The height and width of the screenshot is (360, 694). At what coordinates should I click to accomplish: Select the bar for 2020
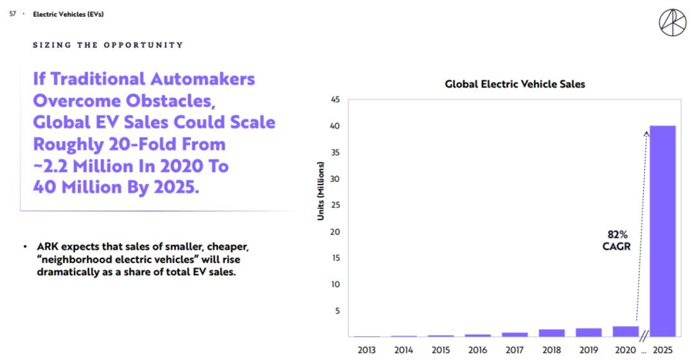click(625, 331)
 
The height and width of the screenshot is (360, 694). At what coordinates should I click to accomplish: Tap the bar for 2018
click(551, 332)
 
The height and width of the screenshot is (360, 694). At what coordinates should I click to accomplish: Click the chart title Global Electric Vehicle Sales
click(515, 84)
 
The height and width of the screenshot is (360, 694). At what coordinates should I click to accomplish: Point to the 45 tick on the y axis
click(335, 100)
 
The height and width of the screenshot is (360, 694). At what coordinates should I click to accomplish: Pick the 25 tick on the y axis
click(335, 205)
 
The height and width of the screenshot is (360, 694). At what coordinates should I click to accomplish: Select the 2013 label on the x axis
click(366, 350)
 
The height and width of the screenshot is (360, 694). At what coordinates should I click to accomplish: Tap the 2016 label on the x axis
click(477, 350)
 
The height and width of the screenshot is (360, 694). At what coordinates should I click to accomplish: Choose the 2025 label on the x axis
click(663, 350)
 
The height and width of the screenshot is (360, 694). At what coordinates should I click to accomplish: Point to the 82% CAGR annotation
click(617, 240)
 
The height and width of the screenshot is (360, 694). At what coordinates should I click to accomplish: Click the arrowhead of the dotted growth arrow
click(646, 133)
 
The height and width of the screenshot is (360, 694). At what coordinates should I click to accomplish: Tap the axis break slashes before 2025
click(643, 333)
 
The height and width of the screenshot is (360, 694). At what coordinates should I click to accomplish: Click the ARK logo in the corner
click(672, 22)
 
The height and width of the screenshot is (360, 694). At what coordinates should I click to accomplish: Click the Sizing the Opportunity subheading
click(108, 45)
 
